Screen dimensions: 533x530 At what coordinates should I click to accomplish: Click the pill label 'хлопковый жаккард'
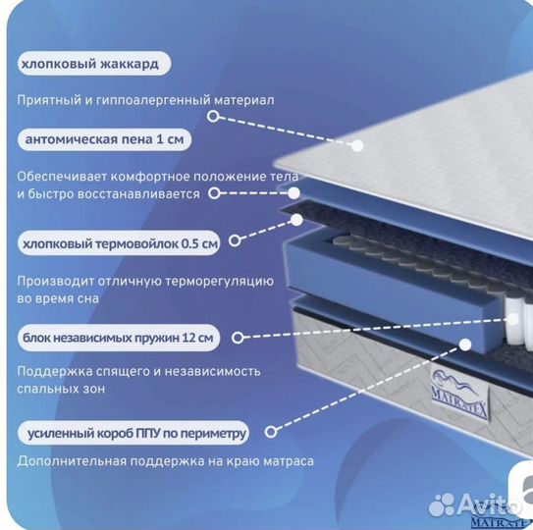point(94,64)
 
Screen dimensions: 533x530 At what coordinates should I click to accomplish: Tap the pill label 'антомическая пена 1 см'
point(104,139)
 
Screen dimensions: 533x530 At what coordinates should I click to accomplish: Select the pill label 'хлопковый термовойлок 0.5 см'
point(119,243)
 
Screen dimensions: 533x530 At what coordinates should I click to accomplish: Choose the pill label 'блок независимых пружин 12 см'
point(119,338)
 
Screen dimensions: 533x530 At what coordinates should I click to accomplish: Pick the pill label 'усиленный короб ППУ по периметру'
point(133,433)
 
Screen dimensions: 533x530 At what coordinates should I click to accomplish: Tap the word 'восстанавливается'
point(138,194)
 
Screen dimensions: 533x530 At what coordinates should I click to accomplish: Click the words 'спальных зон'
point(61,389)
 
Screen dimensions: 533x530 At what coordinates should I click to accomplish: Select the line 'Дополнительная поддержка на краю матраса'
point(166,461)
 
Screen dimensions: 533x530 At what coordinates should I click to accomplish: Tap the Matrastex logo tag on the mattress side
point(460,392)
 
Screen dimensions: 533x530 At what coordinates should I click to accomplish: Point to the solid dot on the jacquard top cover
point(357,146)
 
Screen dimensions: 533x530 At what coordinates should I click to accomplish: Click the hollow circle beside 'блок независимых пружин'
point(238,338)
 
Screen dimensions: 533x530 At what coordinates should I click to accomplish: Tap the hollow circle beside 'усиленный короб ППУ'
point(271,432)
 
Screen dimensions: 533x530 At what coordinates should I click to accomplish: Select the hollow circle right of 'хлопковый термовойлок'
point(235,240)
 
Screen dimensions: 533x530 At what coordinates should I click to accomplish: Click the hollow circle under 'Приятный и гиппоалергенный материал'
point(213,116)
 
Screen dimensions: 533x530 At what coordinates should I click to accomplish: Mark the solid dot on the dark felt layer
point(297,220)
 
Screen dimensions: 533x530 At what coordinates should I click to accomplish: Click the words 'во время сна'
point(58,299)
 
